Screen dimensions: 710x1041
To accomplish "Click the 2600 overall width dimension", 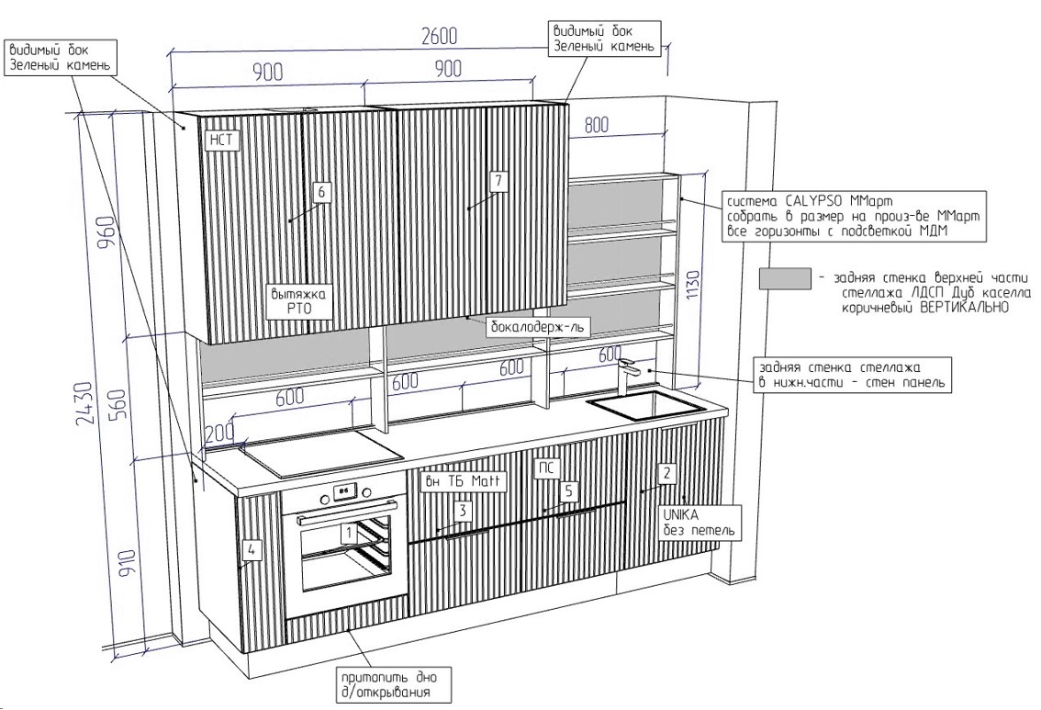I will click(x=440, y=37).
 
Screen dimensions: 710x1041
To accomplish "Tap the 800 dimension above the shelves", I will click(x=598, y=126).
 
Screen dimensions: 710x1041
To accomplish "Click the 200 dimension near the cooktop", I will click(x=219, y=432).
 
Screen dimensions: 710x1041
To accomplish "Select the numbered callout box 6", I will click(x=320, y=192).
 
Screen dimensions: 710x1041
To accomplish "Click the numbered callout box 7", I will click(x=498, y=181).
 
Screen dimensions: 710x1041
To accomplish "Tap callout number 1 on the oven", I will click(x=349, y=530).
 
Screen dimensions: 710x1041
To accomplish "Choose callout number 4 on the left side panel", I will click(x=252, y=550).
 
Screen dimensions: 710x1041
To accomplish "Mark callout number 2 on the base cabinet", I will click(x=667, y=473).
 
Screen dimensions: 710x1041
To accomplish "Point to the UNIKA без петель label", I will click(x=697, y=523).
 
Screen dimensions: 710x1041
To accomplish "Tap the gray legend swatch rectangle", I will click(x=785, y=278).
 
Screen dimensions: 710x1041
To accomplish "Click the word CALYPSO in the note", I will click(x=815, y=200).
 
